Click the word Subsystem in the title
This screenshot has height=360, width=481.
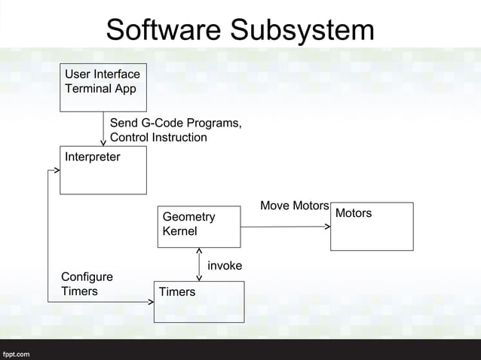click(x=302, y=30)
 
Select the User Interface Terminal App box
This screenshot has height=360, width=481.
click(x=103, y=88)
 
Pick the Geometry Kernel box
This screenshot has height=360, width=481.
click(x=199, y=227)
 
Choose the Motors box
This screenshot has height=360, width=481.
click(x=372, y=226)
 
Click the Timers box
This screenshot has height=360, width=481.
click(x=199, y=301)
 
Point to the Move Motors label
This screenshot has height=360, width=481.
click(x=294, y=206)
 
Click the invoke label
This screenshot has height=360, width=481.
click(x=225, y=266)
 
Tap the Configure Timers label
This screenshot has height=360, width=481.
click(x=87, y=284)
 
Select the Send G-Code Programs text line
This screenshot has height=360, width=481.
click(x=176, y=124)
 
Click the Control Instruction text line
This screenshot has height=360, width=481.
click(x=158, y=137)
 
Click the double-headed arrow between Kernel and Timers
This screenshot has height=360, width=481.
click(x=198, y=264)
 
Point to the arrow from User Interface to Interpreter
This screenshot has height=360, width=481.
click(x=103, y=129)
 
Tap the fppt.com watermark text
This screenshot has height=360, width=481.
click(x=16, y=352)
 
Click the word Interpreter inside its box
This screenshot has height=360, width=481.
click(x=92, y=157)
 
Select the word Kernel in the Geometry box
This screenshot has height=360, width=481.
click(x=180, y=230)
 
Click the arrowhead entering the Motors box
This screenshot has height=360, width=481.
click(x=327, y=227)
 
